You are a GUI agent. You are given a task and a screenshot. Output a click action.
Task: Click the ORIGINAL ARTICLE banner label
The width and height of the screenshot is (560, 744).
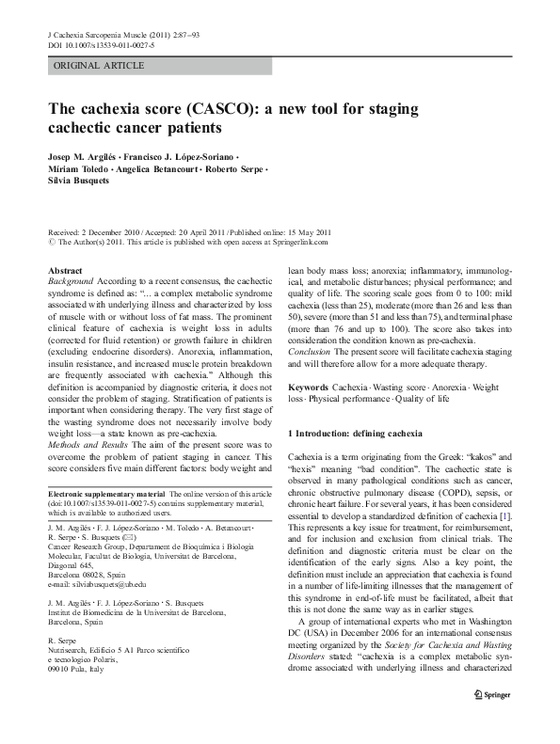[99, 66]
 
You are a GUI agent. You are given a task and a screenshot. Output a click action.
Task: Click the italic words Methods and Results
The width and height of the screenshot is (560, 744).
[85, 443]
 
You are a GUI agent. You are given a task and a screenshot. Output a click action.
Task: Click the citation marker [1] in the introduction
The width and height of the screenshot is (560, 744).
[505, 516]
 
